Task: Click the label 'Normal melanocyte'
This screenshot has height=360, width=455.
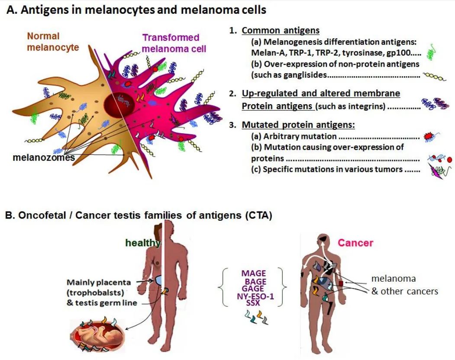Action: pos(53,42)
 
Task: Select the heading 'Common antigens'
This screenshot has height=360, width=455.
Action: pos(281,30)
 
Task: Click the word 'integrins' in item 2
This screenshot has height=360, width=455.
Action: pos(367,105)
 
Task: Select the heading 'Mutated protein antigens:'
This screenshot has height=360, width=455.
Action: pos(298,125)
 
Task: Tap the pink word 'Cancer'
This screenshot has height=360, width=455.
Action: pos(355,243)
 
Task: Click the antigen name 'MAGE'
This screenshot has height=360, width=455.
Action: pos(254,273)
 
